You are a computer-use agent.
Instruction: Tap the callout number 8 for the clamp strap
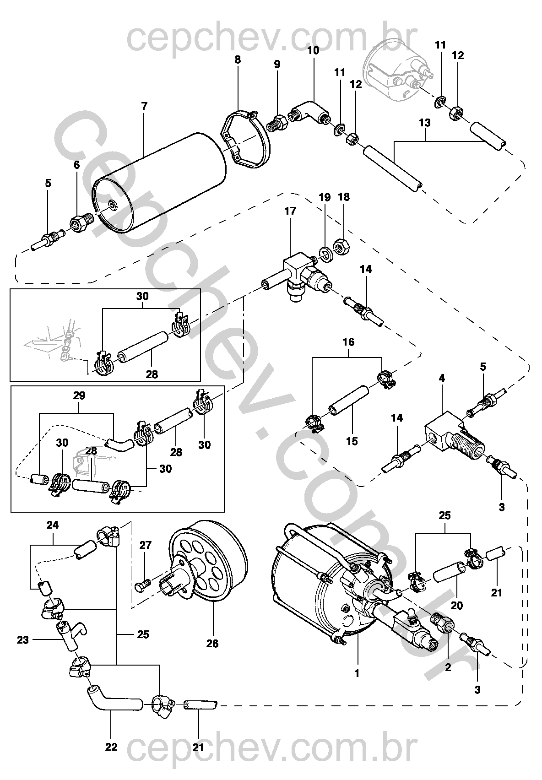[x=238, y=60]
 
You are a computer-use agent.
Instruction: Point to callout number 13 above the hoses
[x=425, y=123]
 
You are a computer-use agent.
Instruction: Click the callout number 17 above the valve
[x=290, y=211]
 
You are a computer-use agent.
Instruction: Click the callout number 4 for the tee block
[x=442, y=378]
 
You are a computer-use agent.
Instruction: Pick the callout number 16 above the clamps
[x=348, y=342]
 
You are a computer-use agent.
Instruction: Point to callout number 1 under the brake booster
[x=357, y=673]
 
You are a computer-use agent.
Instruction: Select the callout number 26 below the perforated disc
[x=212, y=643]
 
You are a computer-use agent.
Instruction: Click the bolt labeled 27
[x=143, y=585]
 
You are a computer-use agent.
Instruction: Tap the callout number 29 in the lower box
[x=79, y=395]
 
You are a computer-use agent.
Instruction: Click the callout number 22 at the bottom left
[x=111, y=747]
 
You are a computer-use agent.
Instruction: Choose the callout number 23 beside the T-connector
[x=22, y=639]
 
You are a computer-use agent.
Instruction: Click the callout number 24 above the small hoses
[x=53, y=525]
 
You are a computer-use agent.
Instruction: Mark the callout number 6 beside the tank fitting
[x=76, y=165]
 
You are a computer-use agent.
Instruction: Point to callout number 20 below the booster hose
[x=456, y=606]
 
